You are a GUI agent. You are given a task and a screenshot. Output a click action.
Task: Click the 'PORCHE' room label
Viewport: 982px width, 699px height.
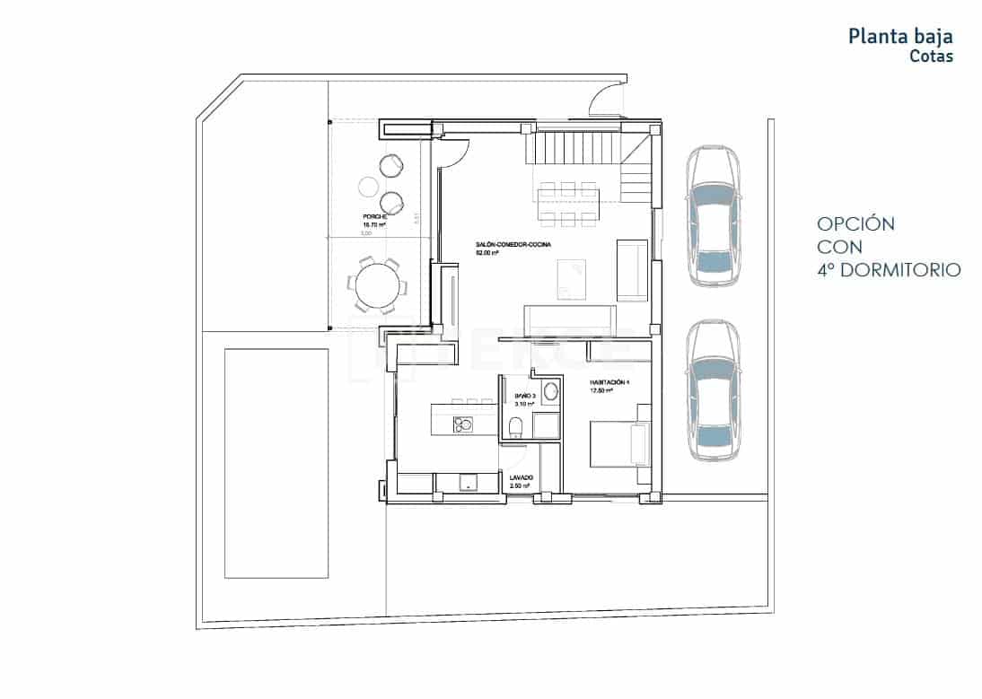click(374, 217)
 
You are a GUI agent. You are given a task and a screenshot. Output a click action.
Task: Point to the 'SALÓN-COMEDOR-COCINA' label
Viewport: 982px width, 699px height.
click(513, 244)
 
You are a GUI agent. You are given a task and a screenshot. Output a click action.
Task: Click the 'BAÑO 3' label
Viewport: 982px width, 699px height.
click(525, 396)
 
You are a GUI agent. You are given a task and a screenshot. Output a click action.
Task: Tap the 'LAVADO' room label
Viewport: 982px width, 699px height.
click(522, 477)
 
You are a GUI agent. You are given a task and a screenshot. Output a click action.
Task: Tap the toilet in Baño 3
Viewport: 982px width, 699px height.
click(515, 428)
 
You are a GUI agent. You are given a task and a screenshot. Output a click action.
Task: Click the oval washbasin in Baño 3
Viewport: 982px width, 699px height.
click(549, 391)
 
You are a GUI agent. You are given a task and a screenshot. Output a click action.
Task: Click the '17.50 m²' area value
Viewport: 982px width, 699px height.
click(602, 391)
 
